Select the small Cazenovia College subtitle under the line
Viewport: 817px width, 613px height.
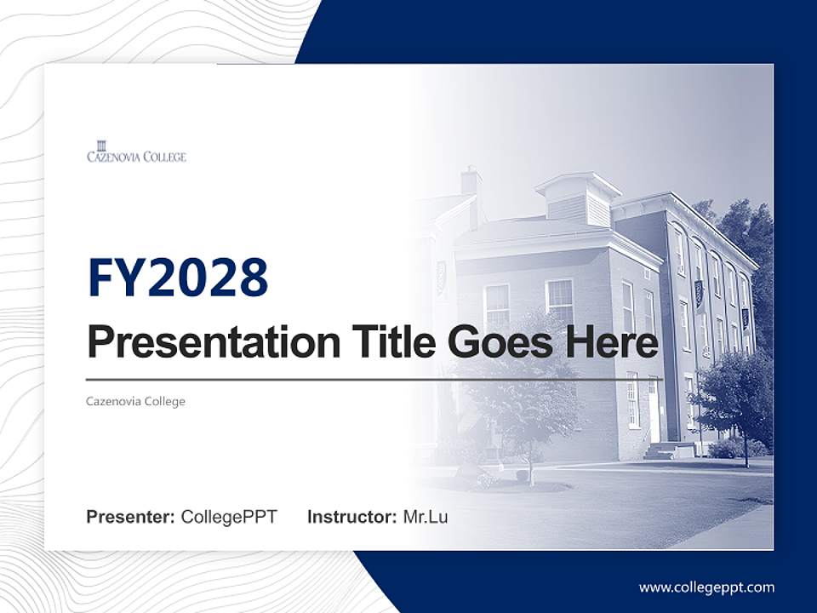point(136,401)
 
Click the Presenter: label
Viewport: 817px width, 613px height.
point(131,517)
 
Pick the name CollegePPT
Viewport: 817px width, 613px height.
point(229,517)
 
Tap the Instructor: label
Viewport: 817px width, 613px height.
point(351,517)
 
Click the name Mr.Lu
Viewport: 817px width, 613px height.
point(425,517)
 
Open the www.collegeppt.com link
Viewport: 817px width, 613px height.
point(706,587)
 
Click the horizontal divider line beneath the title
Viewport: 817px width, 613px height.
point(374,379)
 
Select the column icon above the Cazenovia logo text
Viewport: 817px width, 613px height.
point(102,144)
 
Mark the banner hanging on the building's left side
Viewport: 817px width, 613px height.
point(441,277)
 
